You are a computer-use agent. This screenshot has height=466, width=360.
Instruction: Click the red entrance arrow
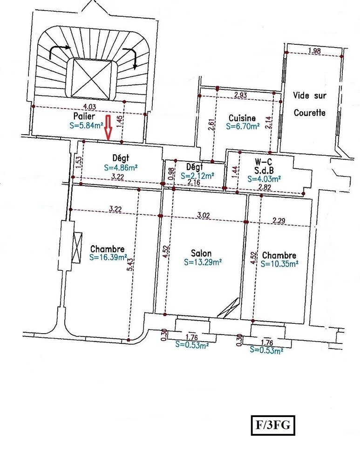pyautogui.click(x=108, y=127)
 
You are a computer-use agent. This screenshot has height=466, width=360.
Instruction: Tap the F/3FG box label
pyautogui.click(x=273, y=425)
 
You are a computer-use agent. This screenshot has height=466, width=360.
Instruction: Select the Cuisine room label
pyautogui.click(x=242, y=118)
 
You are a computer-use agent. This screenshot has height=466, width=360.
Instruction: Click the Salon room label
pyautogui.click(x=201, y=253)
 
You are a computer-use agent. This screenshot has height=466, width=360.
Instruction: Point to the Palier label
pyautogui.click(x=84, y=116)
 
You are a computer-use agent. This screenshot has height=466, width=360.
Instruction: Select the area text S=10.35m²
pyautogui.click(x=279, y=264)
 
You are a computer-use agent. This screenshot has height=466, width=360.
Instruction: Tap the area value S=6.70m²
pyautogui.click(x=242, y=126)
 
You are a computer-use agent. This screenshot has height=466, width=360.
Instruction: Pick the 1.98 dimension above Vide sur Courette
pyautogui.click(x=314, y=51)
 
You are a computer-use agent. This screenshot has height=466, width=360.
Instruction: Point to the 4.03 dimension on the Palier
pyautogui.click(x=89, y=106)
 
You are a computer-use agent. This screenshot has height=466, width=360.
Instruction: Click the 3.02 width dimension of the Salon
pyautogui.click(x=204, y=215)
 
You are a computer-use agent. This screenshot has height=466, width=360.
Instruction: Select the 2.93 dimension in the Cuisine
pyautogui.click(x=241, y=95)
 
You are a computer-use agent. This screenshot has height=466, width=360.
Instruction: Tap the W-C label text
pyautogui.click(x=263, y=162)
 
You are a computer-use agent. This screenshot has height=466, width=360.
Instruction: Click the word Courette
pyautogui.click(x=310, y=113)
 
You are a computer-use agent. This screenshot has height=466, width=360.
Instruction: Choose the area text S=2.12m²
pyautogui.click(x=197, y=176)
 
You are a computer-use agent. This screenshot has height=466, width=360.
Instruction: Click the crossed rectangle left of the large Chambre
pyautogui.click(x=77, y=247)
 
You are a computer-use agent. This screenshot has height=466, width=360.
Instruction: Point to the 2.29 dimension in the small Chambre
pyautogui.click(x=278, y=220)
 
